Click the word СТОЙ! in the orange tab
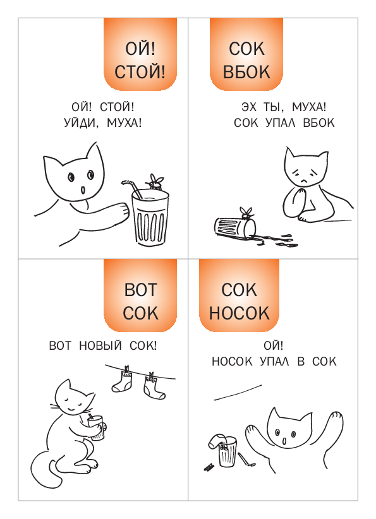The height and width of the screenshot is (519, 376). click(x=140, y=72)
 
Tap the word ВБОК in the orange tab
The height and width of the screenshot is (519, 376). click(x=246, y=72)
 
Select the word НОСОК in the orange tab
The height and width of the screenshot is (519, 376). click(x=240, y=313)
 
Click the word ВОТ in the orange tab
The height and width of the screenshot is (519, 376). click(x=140, y=290)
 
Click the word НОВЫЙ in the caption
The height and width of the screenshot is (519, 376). click(x=100, y=345)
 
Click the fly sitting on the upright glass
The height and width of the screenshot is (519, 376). click(x=155, y=182)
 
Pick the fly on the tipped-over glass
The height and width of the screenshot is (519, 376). click(x=246, y=213)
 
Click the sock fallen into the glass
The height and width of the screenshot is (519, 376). click(x=217, y=442)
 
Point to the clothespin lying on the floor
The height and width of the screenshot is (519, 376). click(x=209, y=467)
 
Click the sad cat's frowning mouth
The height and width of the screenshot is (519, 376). click(x=303, y=181)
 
